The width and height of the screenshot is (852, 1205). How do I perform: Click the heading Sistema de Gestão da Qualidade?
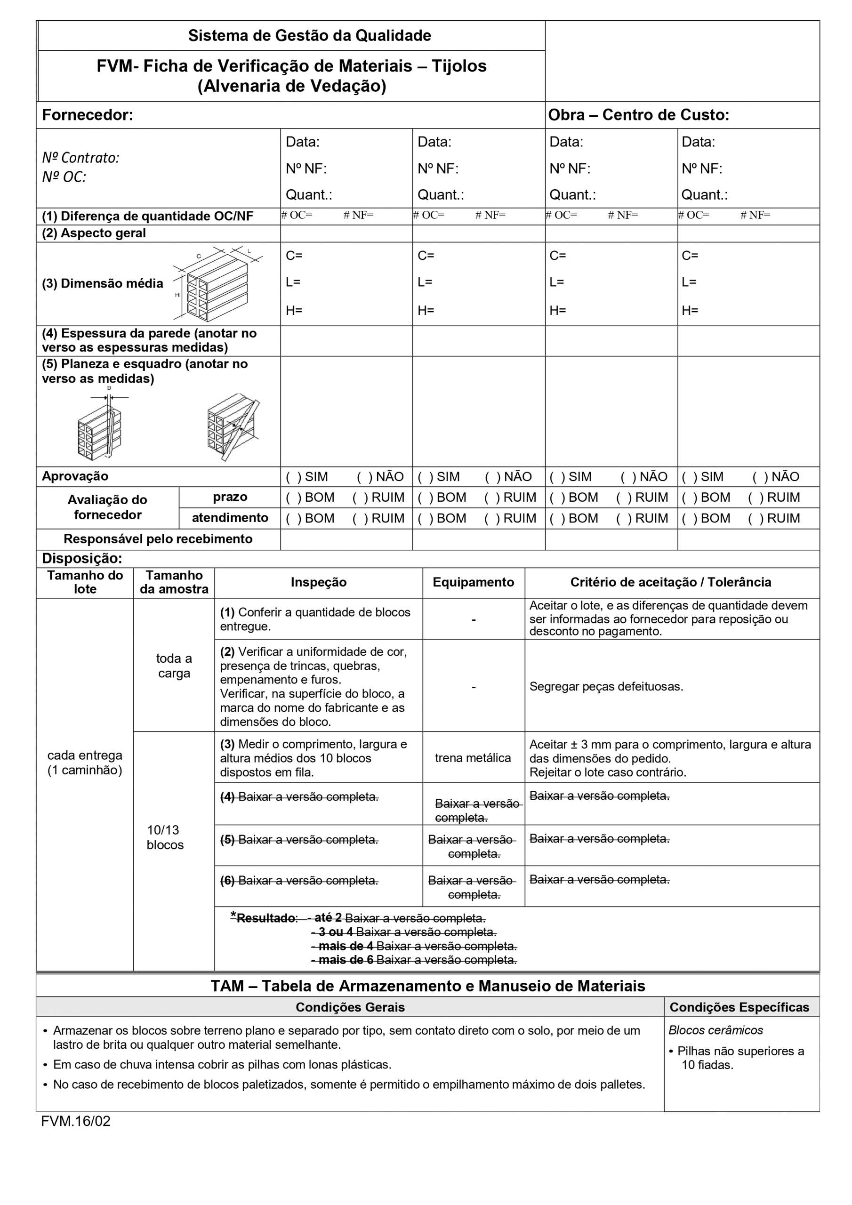[309, 36]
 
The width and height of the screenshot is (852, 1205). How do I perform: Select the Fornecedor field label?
[88, 115]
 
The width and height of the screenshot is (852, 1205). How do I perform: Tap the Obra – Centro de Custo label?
[638, 115]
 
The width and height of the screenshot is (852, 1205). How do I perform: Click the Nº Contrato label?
[81, 157]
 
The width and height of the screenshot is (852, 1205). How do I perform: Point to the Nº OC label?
[64, 177]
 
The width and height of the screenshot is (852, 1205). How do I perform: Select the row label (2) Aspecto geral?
[94, 233]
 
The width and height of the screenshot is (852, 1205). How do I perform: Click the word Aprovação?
[75, 476]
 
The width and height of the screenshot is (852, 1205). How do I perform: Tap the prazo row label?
[230, 497]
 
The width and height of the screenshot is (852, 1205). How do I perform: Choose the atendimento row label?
[230, 517]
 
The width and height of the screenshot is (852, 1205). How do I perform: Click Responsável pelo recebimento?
[158, 538]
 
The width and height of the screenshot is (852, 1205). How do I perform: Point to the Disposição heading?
[82, 558]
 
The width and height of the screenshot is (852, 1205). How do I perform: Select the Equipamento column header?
[473, 582]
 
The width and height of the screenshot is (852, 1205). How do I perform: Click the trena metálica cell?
[473, 757]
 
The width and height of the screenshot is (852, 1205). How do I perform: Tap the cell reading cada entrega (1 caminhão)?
[85, 763]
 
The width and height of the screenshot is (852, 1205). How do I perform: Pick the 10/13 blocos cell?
[165, 837]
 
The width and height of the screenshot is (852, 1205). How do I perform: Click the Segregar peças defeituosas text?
[606, 686]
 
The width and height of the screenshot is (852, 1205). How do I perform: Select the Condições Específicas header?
[739, 1007]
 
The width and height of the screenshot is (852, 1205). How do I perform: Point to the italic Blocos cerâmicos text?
[715, 1030]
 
